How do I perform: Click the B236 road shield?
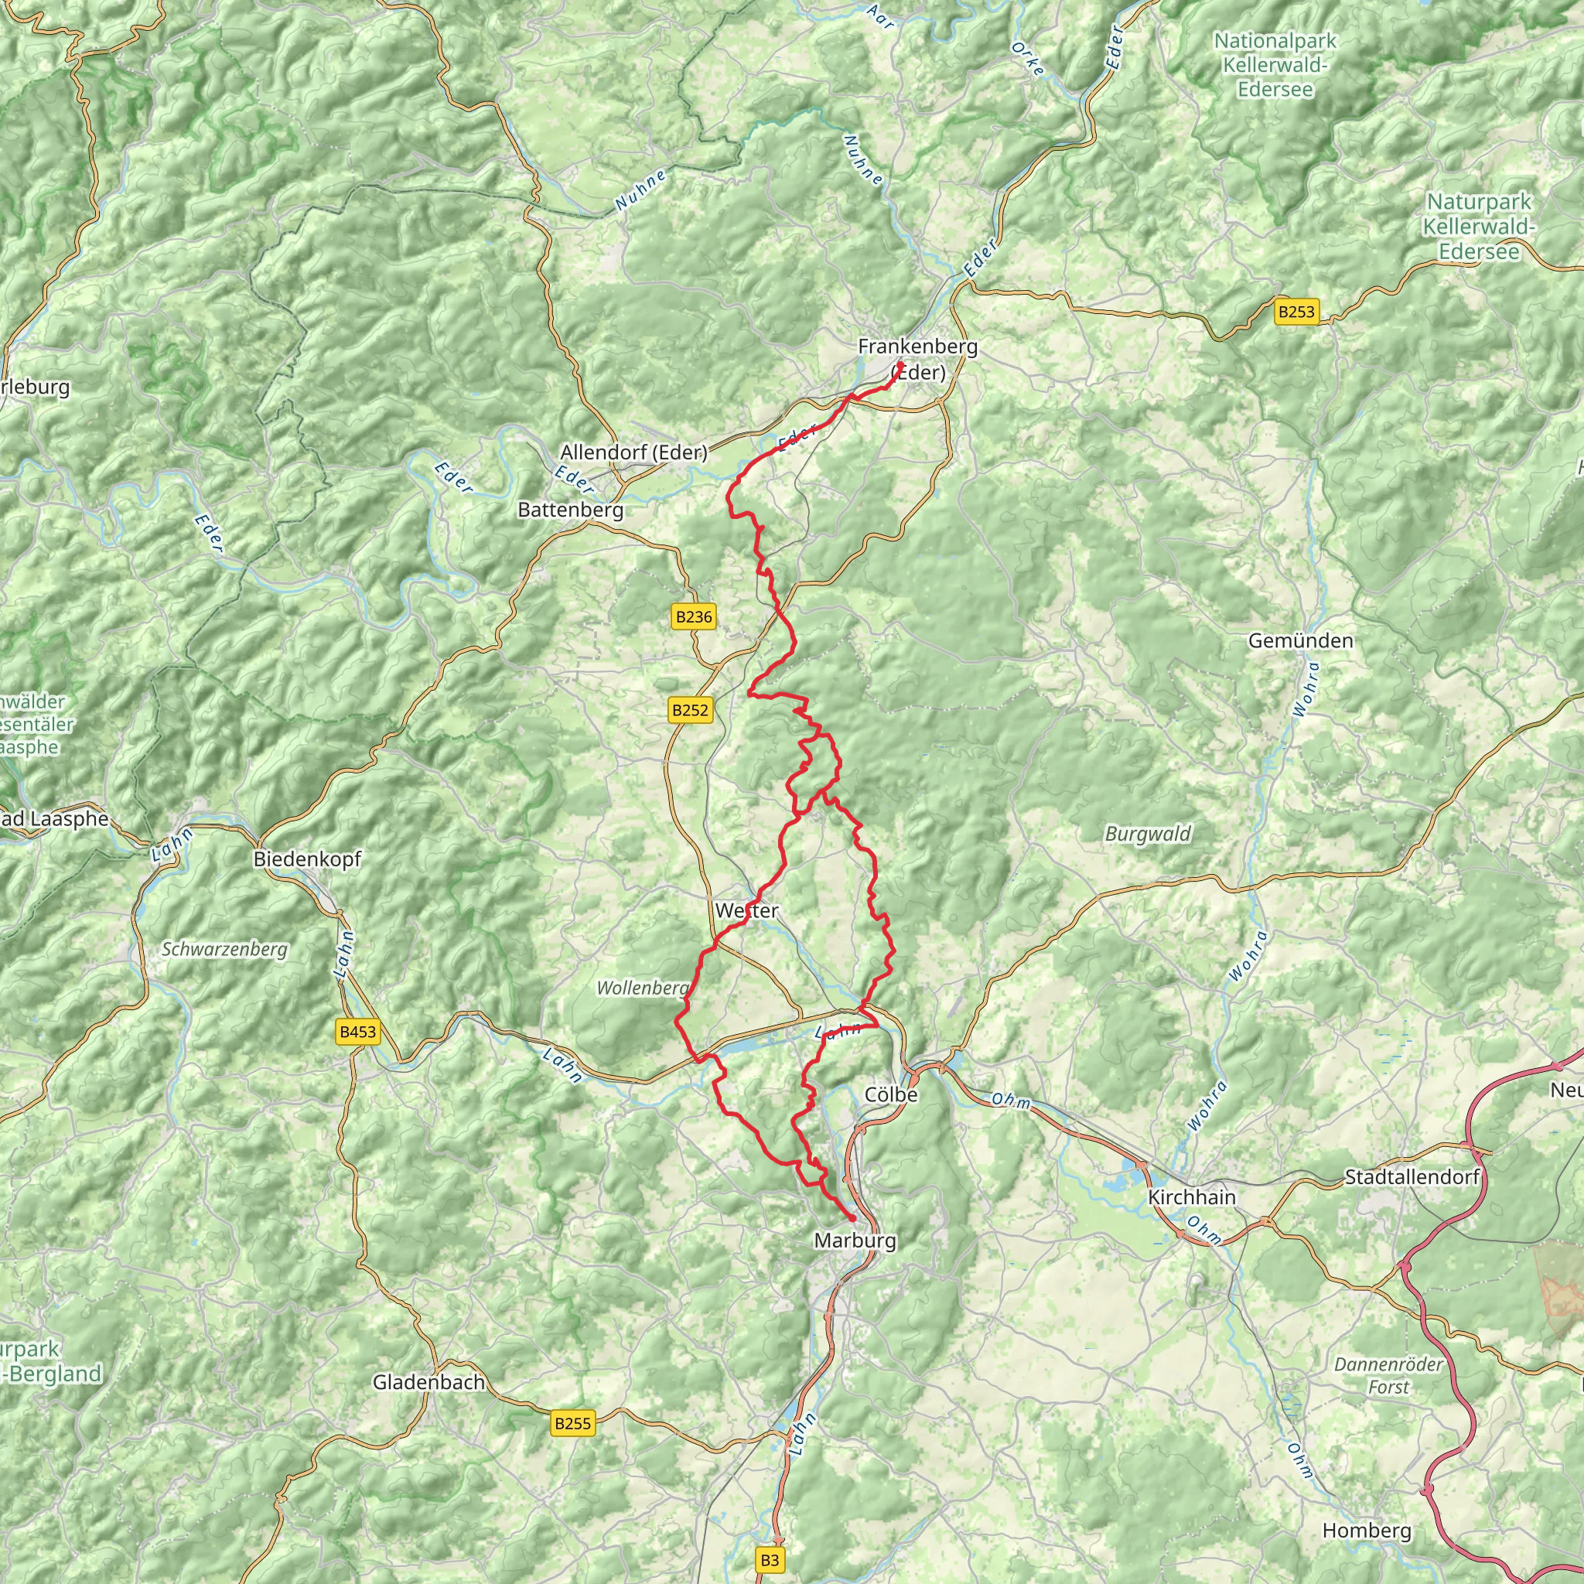coord(694,616)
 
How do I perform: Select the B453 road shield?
coord(358,1033)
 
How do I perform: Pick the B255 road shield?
coord(572,1423)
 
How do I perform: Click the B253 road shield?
coord(1296,312)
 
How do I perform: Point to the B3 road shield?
coord(769,1560)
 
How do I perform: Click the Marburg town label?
coord(855,1241)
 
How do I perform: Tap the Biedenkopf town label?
coord(308,859)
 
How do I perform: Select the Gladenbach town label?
coord(428,1382)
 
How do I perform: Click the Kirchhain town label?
coord(1191,1197)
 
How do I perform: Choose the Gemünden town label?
coord(1300,640)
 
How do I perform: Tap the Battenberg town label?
coord(571,510)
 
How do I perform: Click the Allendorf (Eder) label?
coord(633,452)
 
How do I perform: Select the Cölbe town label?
coord(891,1094)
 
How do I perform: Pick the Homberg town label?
coord(1367,1531)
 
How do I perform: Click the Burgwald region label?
coord(1148,834)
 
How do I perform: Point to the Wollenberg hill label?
coord(642,988)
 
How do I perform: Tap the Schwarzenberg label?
coord(224,950)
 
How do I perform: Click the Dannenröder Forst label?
coord(1388,1375)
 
